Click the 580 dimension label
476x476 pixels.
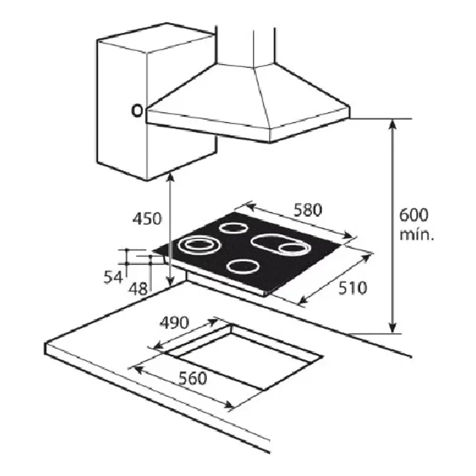[307, 210]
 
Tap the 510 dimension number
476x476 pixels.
[352, 288]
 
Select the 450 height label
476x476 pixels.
[147, 218]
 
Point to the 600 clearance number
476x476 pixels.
[414, 215]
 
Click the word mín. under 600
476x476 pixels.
[416, 235]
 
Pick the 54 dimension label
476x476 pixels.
[113, 277]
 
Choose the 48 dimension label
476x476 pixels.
[138, 289]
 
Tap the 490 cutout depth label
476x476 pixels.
[174, 323]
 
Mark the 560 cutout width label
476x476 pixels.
[193, 378]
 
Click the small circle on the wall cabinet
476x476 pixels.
[137, 111]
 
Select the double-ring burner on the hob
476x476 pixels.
[198, 244]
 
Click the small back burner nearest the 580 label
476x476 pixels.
[233, 228]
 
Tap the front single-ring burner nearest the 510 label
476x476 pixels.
[243, 267]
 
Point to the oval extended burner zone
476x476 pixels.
[281, 244]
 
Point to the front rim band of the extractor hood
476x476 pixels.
[248, 124]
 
